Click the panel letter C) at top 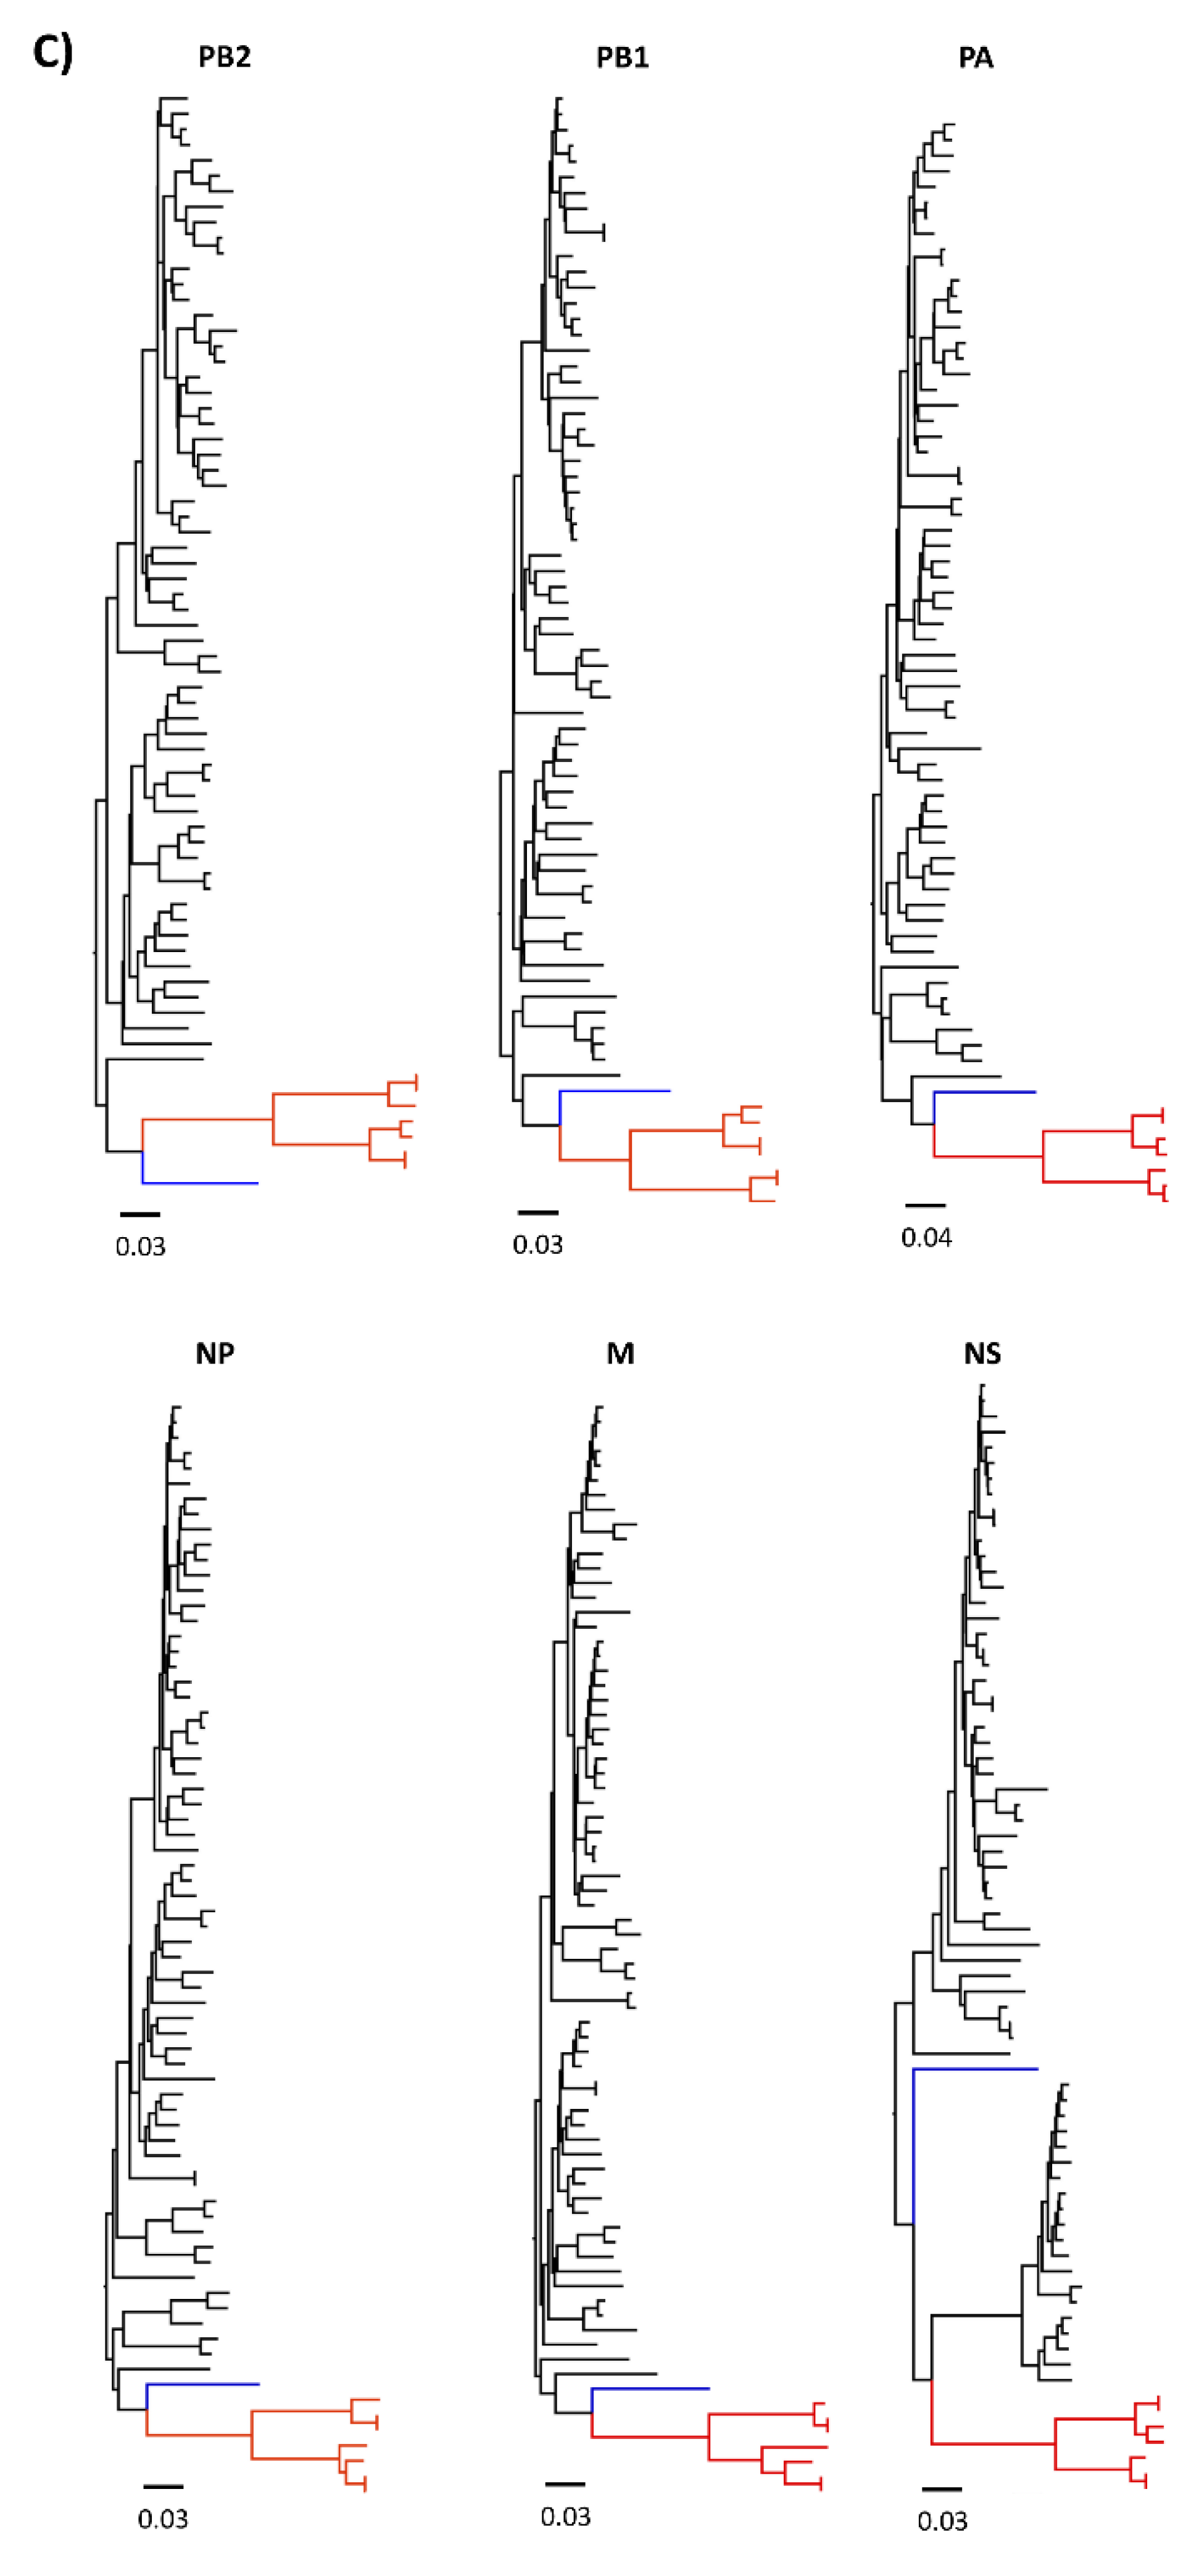tap(52, 52)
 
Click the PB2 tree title tap(224, 57)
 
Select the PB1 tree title tap(622, 57)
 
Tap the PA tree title tap(976, 57)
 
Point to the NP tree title tap(214, 1354)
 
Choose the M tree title tap(620, 1354)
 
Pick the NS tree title tap(982, 1354)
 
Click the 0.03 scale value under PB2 tap(140, 1247)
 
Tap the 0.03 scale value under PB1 tap(537, 1244)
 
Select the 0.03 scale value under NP tap(163, 2519)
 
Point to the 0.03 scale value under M tap(565, 2516)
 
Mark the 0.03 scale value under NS tap(942, 2520)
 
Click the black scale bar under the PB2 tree tap(140, 1214)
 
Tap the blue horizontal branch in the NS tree tap(975, 2069)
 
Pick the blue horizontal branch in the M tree tap(650, 2388)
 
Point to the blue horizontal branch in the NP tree tap(202, 2383)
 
